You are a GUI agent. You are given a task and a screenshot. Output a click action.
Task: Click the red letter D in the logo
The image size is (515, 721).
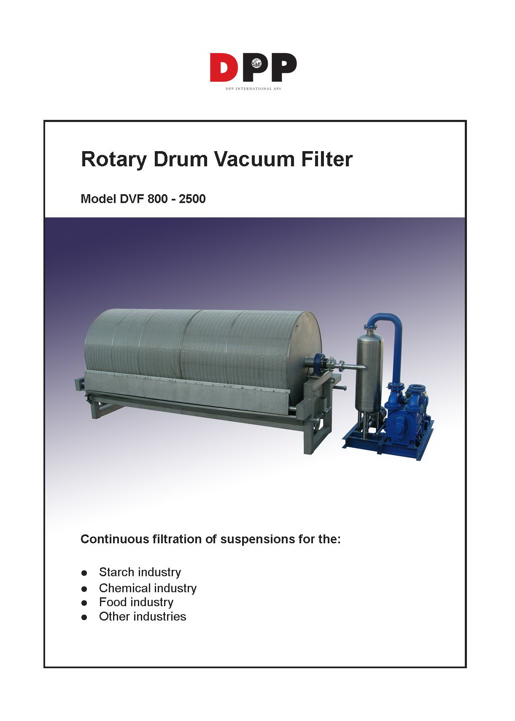223,67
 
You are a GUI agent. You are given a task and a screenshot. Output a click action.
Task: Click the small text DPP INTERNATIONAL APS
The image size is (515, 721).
253,89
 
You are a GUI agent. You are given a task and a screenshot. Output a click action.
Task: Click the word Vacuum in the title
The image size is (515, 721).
254,159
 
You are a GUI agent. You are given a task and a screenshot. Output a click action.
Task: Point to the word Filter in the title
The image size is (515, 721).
327,159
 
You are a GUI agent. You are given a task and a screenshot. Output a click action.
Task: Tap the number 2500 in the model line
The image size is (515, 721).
192,199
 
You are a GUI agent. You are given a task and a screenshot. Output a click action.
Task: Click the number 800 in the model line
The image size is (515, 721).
157,199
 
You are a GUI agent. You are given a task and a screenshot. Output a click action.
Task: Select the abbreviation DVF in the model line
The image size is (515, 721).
132,199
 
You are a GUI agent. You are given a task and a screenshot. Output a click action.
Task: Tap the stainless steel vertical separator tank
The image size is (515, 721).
369,371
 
